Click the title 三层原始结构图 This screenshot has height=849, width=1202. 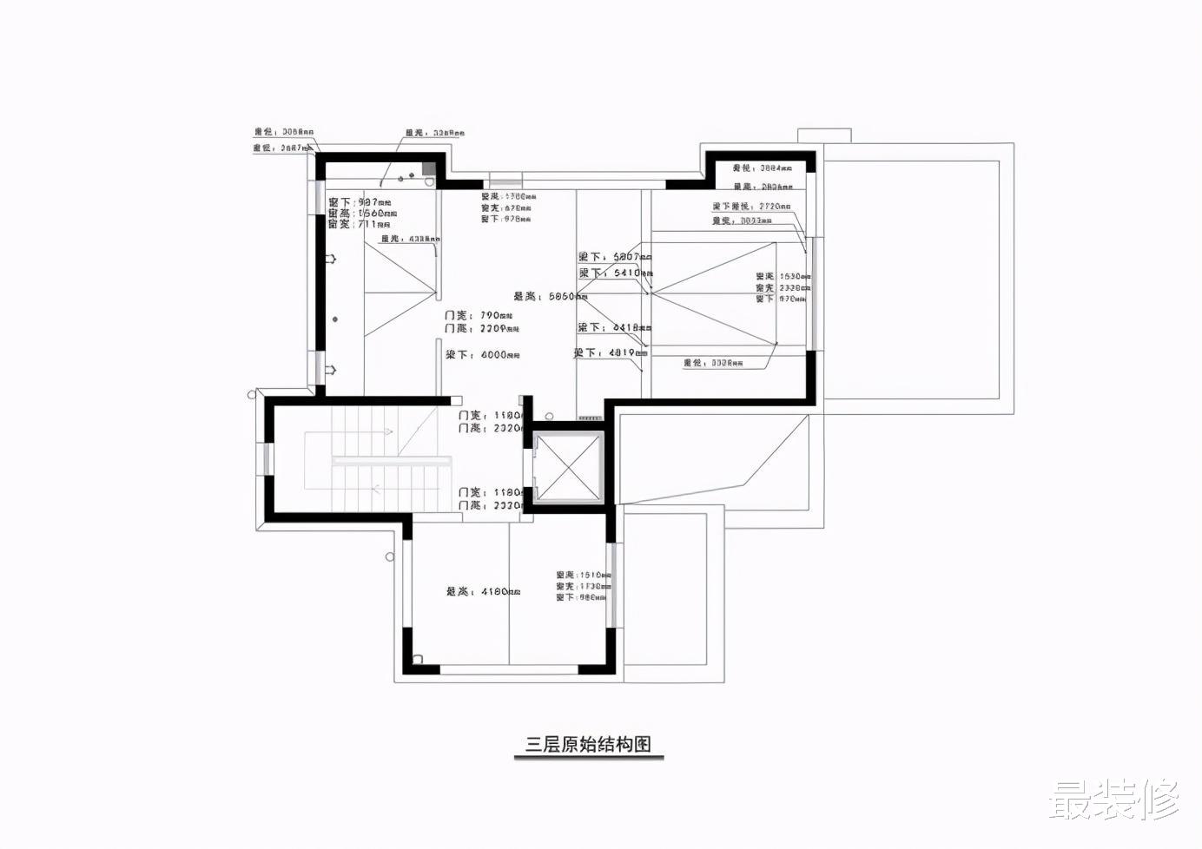pos(588,744)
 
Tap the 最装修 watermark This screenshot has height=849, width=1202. pos(1114,800)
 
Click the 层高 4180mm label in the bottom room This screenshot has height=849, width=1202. pos(483,592)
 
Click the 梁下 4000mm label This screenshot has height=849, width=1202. pos(483,355)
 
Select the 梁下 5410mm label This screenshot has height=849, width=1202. pos(615,273)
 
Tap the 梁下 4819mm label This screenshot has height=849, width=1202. pos(611,353)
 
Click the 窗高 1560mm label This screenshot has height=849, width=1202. pos(362,213)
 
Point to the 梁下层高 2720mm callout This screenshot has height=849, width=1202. pos(751,207)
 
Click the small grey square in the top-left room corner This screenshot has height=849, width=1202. pos(428,168)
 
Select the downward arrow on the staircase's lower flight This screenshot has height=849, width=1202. pos(376,488)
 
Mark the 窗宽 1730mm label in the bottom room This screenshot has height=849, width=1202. pos(584,587)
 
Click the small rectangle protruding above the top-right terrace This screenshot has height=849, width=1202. pos(823,135)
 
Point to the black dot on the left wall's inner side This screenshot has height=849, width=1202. pos(335,319)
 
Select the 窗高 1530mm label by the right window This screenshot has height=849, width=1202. pos(783,277)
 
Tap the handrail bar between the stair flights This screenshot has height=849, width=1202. pos(392,461)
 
